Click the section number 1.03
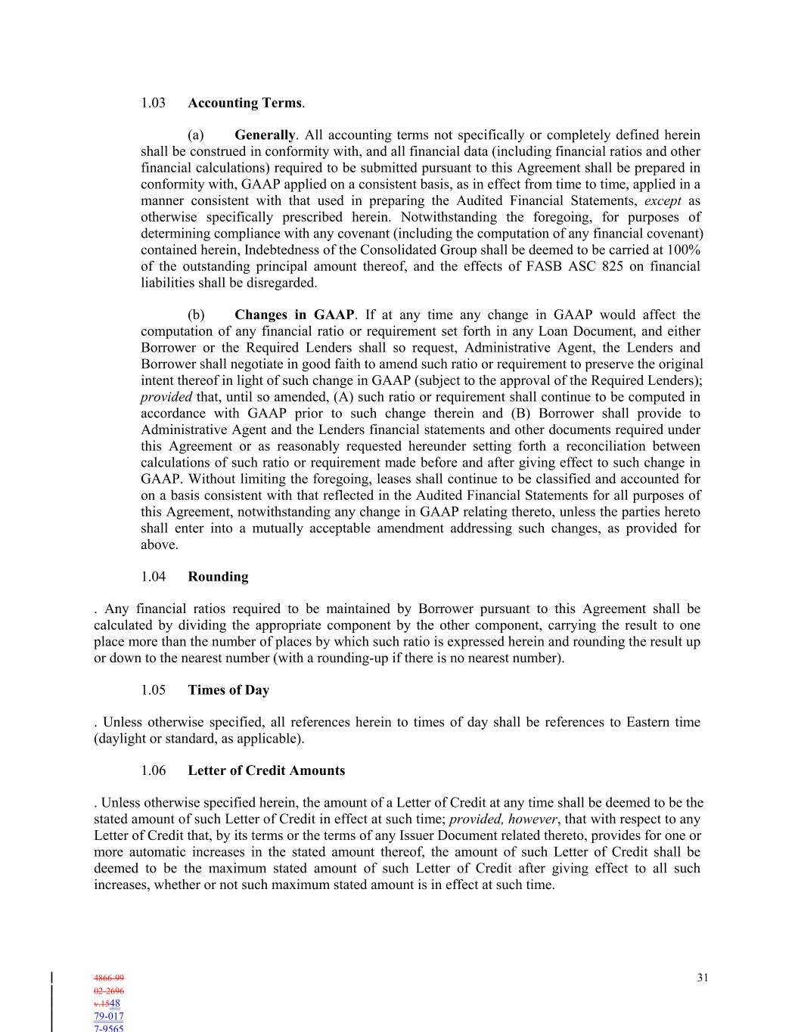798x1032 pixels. coord(153,103)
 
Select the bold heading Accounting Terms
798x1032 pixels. coord(244,103)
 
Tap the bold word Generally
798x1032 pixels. coord(264,135)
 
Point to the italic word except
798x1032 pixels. coord(663,201)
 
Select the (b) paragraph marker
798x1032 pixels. coord(196,315)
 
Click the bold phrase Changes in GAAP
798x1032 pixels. coord(293,315)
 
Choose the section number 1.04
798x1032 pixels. coord(153,577)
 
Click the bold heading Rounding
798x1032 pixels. coord(218,577)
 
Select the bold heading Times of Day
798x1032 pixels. coord(228,690)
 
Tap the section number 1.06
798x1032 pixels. coord(153,771)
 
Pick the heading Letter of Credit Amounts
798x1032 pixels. coord(266,771)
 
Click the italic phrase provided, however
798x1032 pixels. coord(503,820)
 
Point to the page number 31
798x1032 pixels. coord(703,978)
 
